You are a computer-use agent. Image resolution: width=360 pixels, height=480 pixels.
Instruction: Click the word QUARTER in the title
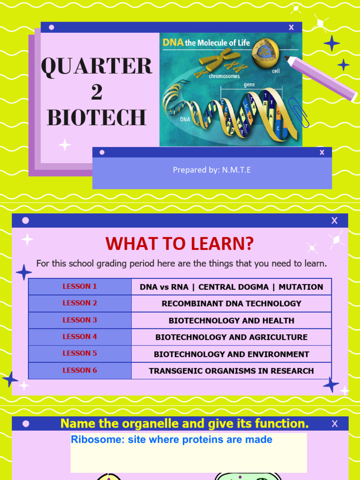point(97,66)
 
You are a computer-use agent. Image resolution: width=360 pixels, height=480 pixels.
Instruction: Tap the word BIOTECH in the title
point(97,118)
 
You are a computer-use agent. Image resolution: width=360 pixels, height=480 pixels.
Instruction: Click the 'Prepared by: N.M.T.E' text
point(212,170)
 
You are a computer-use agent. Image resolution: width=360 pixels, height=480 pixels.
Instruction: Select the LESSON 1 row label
point(80,286)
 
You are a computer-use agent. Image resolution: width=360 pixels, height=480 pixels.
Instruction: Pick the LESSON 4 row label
point(80,337)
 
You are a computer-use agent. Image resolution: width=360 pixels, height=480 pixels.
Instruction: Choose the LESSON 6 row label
point(80,370)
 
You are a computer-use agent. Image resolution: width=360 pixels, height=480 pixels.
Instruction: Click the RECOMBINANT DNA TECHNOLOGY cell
point(232,304)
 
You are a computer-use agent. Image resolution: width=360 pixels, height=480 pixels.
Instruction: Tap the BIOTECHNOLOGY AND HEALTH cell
point(232,321)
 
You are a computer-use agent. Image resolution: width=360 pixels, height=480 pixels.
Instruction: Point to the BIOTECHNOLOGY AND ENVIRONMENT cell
point(232,354)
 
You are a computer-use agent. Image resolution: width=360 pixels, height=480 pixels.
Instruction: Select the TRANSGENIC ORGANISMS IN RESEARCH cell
point(232,371)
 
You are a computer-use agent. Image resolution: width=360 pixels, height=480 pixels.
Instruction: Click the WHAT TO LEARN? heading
point(180,244)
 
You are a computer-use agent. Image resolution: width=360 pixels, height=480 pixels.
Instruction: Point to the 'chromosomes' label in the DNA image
point(224,76)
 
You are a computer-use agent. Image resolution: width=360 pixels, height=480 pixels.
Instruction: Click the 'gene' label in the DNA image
point(249,85)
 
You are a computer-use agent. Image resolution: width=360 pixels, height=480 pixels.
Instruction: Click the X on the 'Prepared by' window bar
point(322,152)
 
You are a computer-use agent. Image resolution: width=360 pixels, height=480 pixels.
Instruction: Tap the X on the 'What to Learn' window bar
point(334,221)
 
